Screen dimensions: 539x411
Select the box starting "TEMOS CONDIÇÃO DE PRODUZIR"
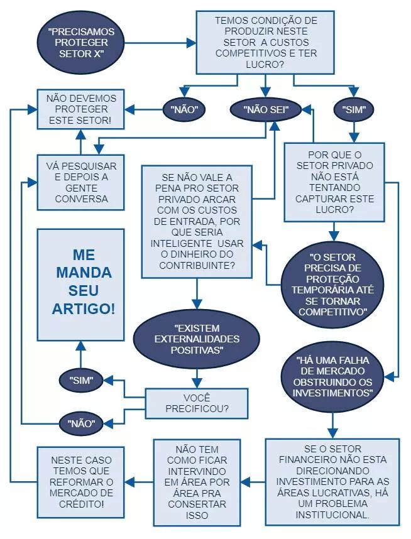pos(266,42)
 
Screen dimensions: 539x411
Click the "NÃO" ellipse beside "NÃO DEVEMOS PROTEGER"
pos(185,109)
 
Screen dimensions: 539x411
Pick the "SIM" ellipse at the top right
pos(354,109)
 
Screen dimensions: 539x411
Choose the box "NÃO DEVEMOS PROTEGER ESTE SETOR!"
pos(81,109)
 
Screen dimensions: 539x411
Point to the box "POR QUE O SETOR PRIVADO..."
pos(334,182)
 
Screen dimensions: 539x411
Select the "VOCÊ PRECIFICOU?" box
pos(196,402)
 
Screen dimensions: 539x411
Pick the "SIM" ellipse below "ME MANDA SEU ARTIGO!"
pos(81,379)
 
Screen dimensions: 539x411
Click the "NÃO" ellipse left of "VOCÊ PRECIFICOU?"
pos(81,423)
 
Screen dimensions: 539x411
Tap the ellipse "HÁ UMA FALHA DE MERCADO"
pos(333,376)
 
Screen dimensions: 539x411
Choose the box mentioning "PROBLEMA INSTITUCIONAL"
pos(332,481)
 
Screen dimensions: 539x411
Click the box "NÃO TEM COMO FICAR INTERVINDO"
pos(197,481)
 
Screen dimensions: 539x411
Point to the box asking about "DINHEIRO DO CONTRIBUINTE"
pos(197,221)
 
